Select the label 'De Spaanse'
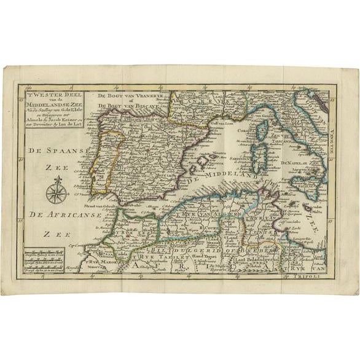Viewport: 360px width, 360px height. tap(59, 150)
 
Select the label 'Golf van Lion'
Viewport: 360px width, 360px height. tap(204, 124)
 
